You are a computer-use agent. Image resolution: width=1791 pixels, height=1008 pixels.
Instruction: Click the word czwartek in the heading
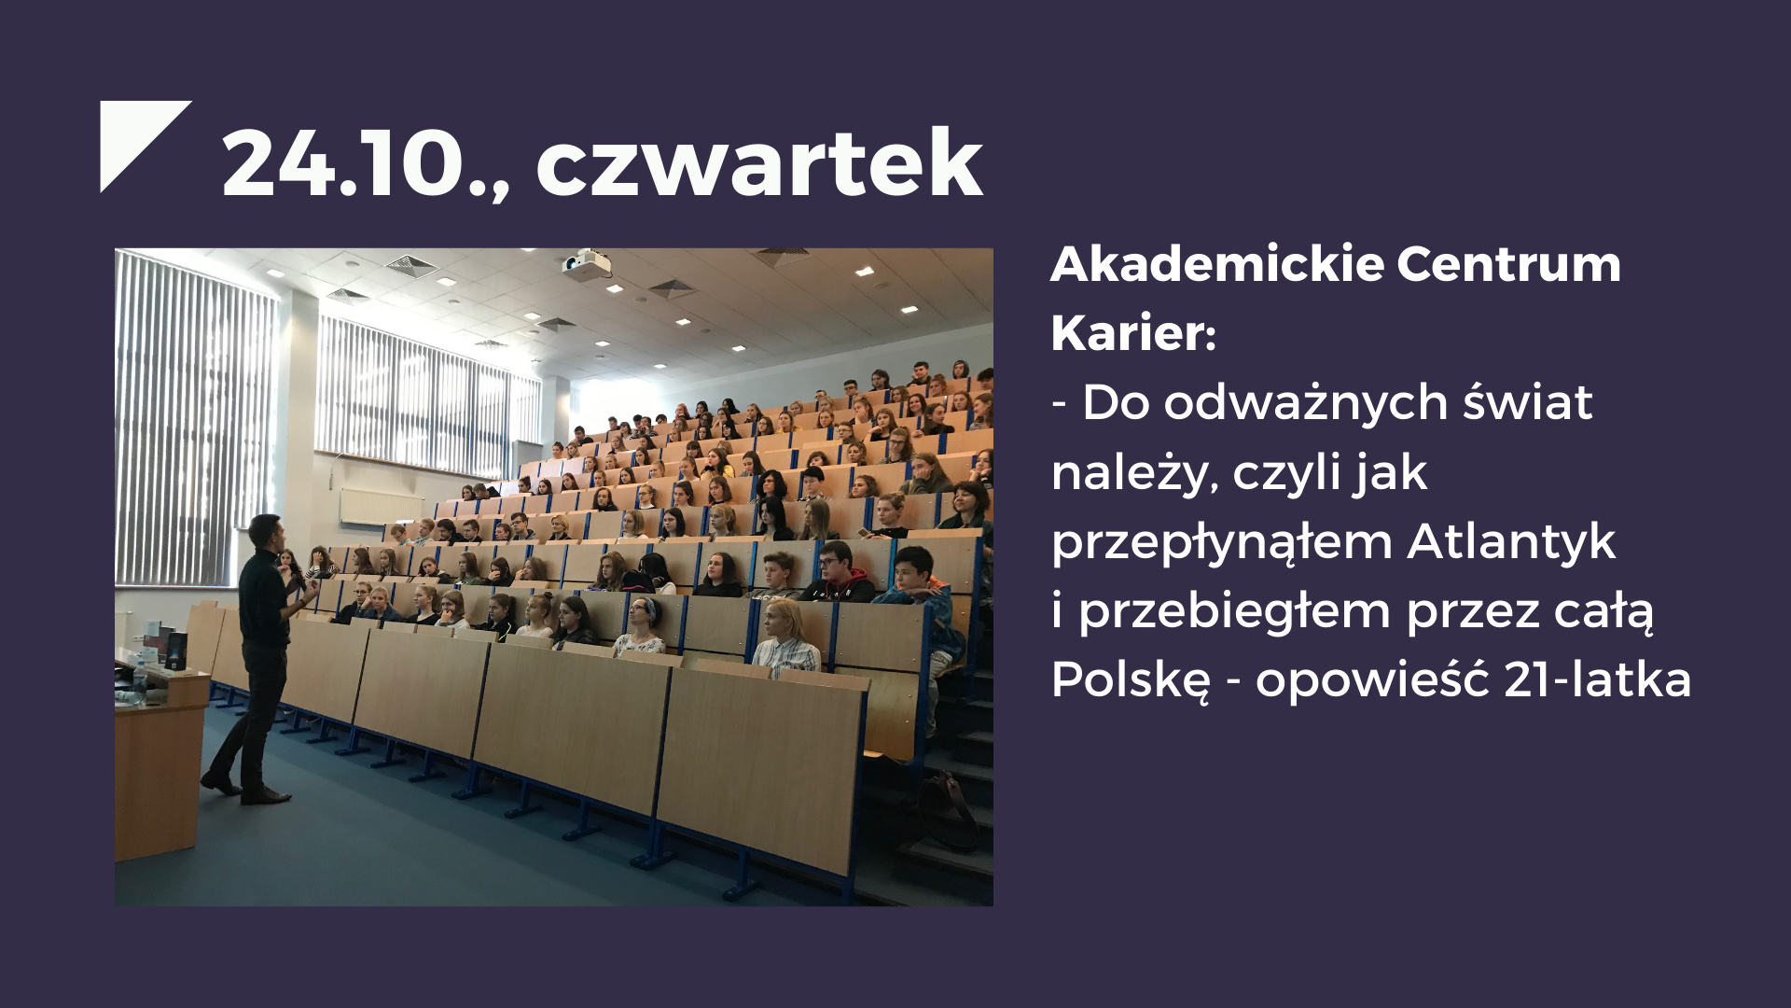[759, 162]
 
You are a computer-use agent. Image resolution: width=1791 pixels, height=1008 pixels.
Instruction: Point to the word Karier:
[1133, 333]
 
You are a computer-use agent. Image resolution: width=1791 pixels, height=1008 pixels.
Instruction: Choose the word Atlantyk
[1511, 541]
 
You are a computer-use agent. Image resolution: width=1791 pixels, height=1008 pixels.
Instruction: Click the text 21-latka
[1597, 679]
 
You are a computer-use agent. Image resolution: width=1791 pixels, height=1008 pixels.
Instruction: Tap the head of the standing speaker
[264, 532]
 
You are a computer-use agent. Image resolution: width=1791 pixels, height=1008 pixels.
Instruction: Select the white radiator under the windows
[381, 506]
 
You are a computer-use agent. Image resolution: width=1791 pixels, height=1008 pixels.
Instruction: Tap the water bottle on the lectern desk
[140, 679]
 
